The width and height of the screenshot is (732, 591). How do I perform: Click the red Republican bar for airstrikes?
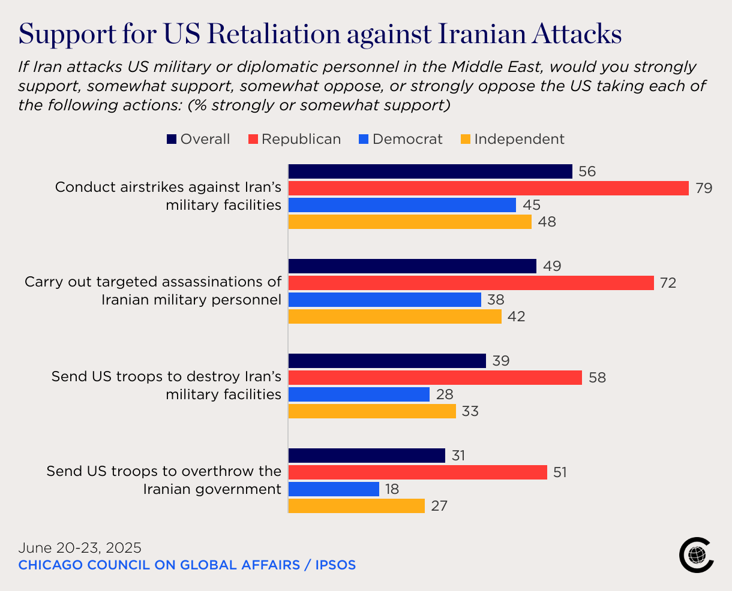[x=488, y=188]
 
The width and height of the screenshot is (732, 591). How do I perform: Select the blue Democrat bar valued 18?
[x=334, y=489]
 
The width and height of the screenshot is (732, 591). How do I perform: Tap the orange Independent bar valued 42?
[x=395, y=316]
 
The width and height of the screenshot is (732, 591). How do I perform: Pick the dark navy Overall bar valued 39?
[x=387, y=361]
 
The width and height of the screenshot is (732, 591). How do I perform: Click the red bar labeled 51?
[x=418, y=472]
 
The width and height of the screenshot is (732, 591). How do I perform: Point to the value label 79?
[x=704, y=188]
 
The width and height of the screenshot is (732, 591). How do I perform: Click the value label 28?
[x=445, y=394]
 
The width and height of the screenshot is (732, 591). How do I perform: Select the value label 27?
[x=439, y=506]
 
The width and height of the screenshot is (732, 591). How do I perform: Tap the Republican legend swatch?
[x=253, y=140]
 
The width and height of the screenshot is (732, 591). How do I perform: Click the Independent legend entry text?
[x=519, y=139]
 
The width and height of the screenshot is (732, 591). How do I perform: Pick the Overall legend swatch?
[x=172, y=140]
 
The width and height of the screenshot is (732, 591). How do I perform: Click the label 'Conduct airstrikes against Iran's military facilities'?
[x=168, y=196]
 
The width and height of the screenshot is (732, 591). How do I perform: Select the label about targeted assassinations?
[x=153, y=291]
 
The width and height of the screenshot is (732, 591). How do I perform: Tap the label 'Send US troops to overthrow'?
[x=164, y=480]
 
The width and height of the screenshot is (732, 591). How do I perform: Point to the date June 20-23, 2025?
[x=80, y=548]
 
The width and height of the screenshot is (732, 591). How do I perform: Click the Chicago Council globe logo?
[x=696, y=555]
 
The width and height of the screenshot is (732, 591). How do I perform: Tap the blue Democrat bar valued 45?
[x=402, y=205]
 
